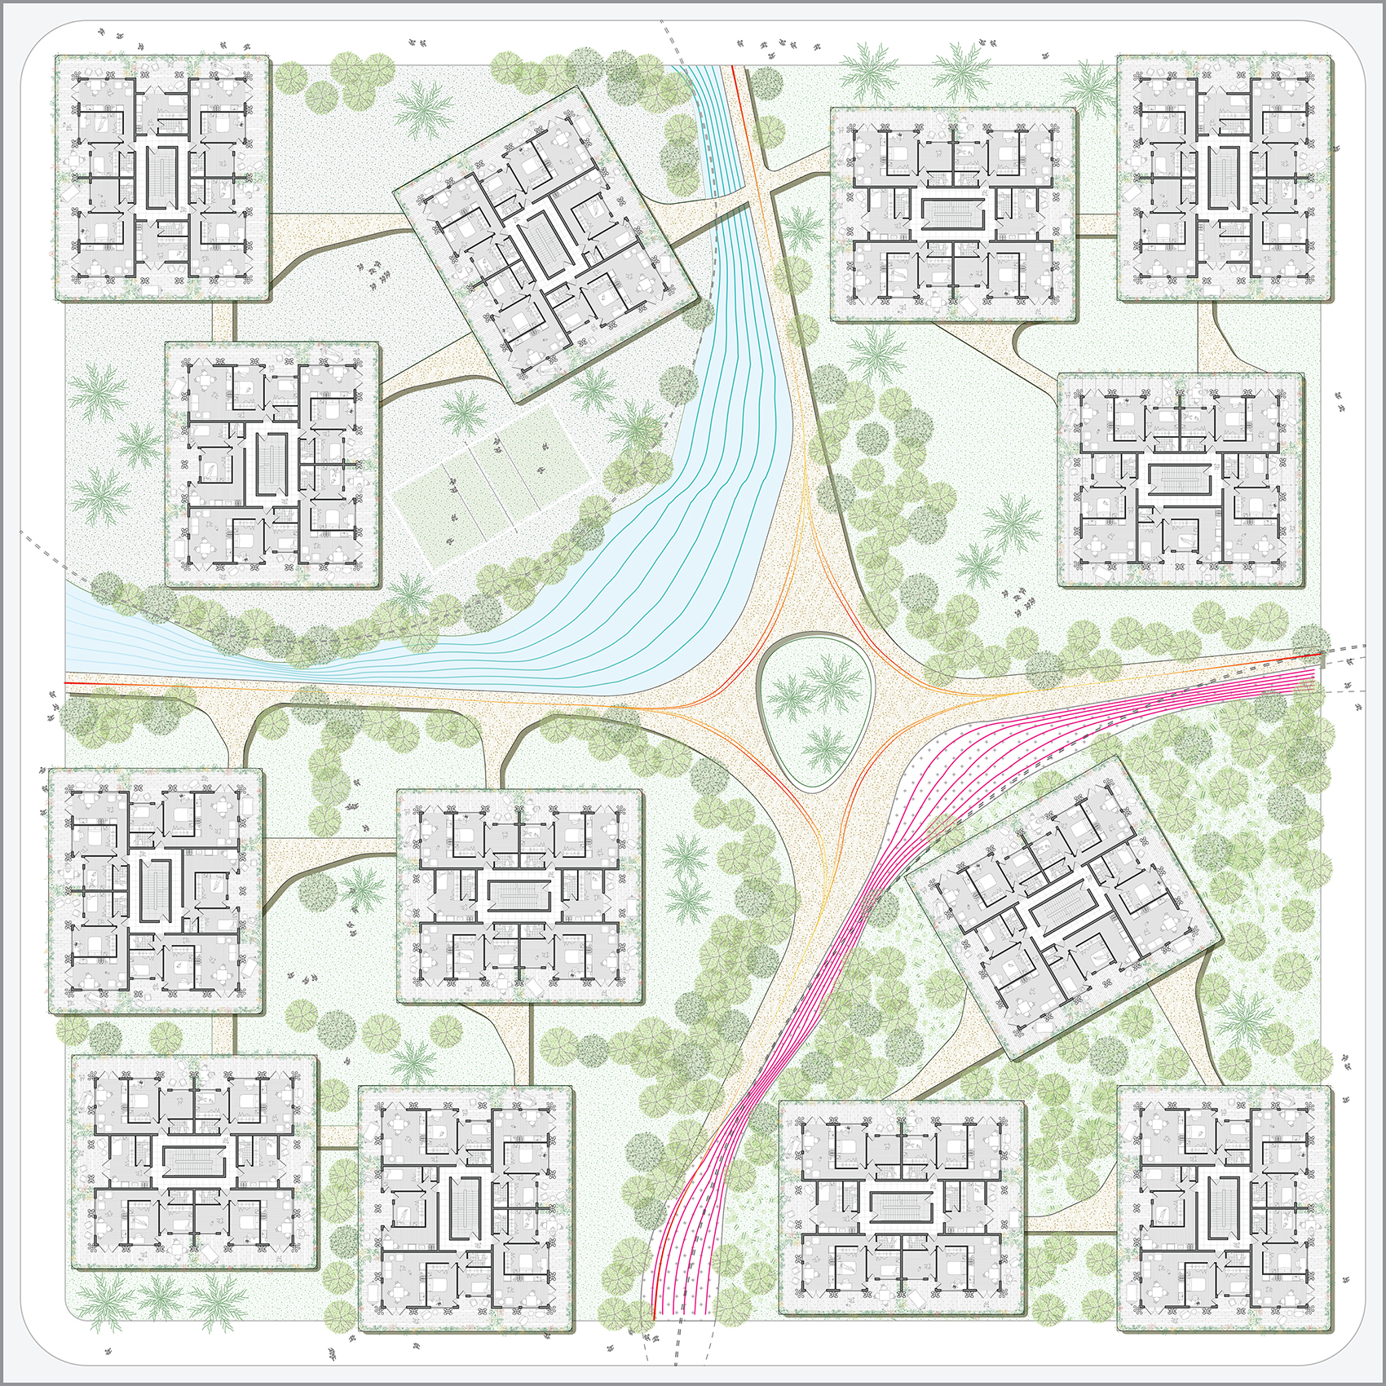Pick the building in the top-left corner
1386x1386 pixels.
click(162, 179)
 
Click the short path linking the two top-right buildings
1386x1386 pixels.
click(1097, 222)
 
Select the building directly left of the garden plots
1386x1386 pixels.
click(272, 464)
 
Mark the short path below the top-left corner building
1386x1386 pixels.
click(223, 322)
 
